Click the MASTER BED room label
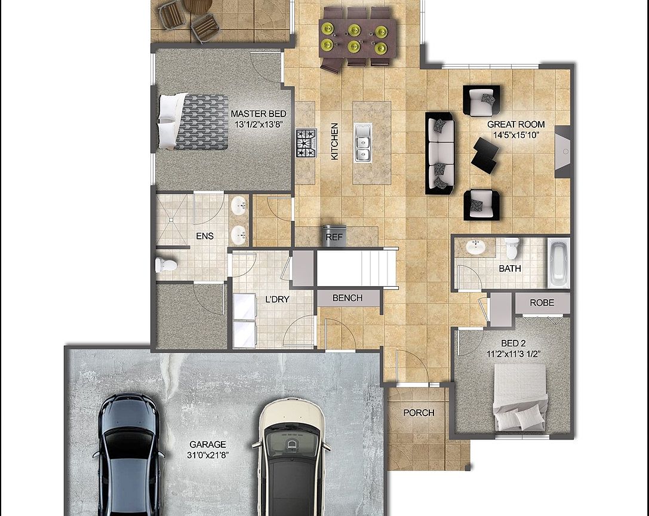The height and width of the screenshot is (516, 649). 259,114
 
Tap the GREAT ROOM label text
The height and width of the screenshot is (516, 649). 516,124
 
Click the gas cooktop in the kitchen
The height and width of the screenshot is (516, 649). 306,143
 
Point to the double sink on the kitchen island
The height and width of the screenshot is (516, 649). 362,143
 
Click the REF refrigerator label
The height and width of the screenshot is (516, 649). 334,237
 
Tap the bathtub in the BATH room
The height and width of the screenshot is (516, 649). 559,263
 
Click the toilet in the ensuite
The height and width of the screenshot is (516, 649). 166,265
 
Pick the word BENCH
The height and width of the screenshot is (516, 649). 347,298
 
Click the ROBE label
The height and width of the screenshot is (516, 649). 542,303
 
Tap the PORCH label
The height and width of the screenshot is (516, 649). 419,413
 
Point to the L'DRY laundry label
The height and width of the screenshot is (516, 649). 277,299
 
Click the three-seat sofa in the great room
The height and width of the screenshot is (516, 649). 440,153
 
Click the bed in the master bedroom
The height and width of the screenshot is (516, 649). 193,121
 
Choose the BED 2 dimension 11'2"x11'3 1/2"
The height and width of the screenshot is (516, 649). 513,354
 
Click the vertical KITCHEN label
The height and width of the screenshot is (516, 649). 335,141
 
